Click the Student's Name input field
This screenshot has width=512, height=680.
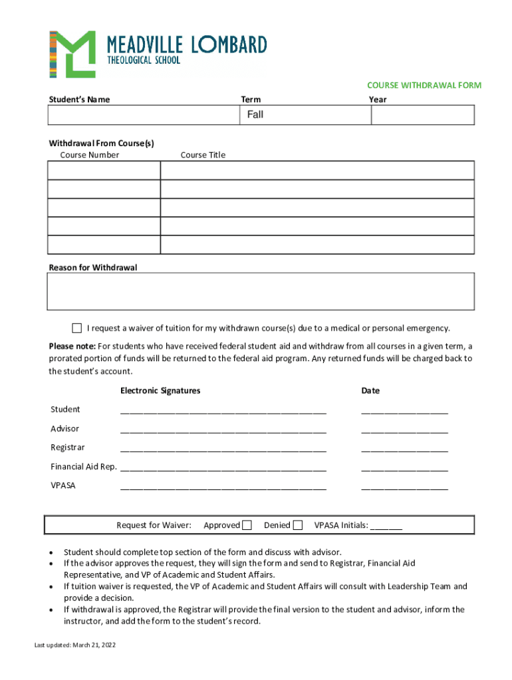coord(143,115)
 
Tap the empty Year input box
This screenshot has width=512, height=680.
coord(422,115)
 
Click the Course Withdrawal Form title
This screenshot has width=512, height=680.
coord(424,86)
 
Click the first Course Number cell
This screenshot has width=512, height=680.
coord(104,171)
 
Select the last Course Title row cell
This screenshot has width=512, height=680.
coord(317,244)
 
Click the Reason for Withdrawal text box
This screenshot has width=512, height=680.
coord(261,292)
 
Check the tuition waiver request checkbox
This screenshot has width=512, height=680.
coord(76,328)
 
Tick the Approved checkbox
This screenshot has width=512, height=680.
coord(247,525)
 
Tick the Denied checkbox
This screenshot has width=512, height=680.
coord(298,525)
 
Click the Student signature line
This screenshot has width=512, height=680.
coord(223,410)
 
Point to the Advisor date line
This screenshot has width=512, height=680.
coord(404,430)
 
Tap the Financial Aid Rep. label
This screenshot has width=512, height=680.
coord(84,467)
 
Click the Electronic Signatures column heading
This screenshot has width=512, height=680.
coord(160,391)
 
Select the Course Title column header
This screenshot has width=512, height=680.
coord(203,155)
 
